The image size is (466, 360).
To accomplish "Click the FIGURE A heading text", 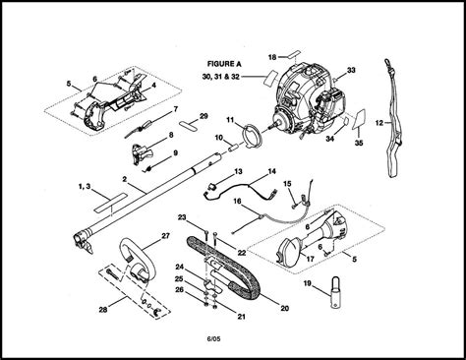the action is click(x=224, y=64).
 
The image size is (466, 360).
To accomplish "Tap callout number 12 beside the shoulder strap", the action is click(x=379, y=123).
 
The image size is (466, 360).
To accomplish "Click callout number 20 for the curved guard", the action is click(x=285, y=308).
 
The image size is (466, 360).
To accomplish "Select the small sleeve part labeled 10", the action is click(x=234, y=147).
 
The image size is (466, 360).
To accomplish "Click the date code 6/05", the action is click(x=213, y=338).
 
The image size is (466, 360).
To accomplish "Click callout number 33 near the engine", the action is click(x=351, y=70).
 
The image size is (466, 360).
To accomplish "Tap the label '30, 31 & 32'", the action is click(x=221, y=77).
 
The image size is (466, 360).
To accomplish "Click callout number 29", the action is click(x=204, y=116).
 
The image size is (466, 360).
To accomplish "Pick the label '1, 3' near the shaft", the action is click(x=85, y=187).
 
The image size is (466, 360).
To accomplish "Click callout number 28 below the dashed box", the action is click(x=103, y=309).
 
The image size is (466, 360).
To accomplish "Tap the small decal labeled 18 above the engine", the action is click(x=294, y=54).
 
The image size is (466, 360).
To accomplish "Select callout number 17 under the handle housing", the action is click(x=310, y=259).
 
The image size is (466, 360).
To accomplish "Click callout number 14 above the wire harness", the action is click(x=271, y=171).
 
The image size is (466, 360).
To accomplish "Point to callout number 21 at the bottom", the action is click(x=241, y=317).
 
